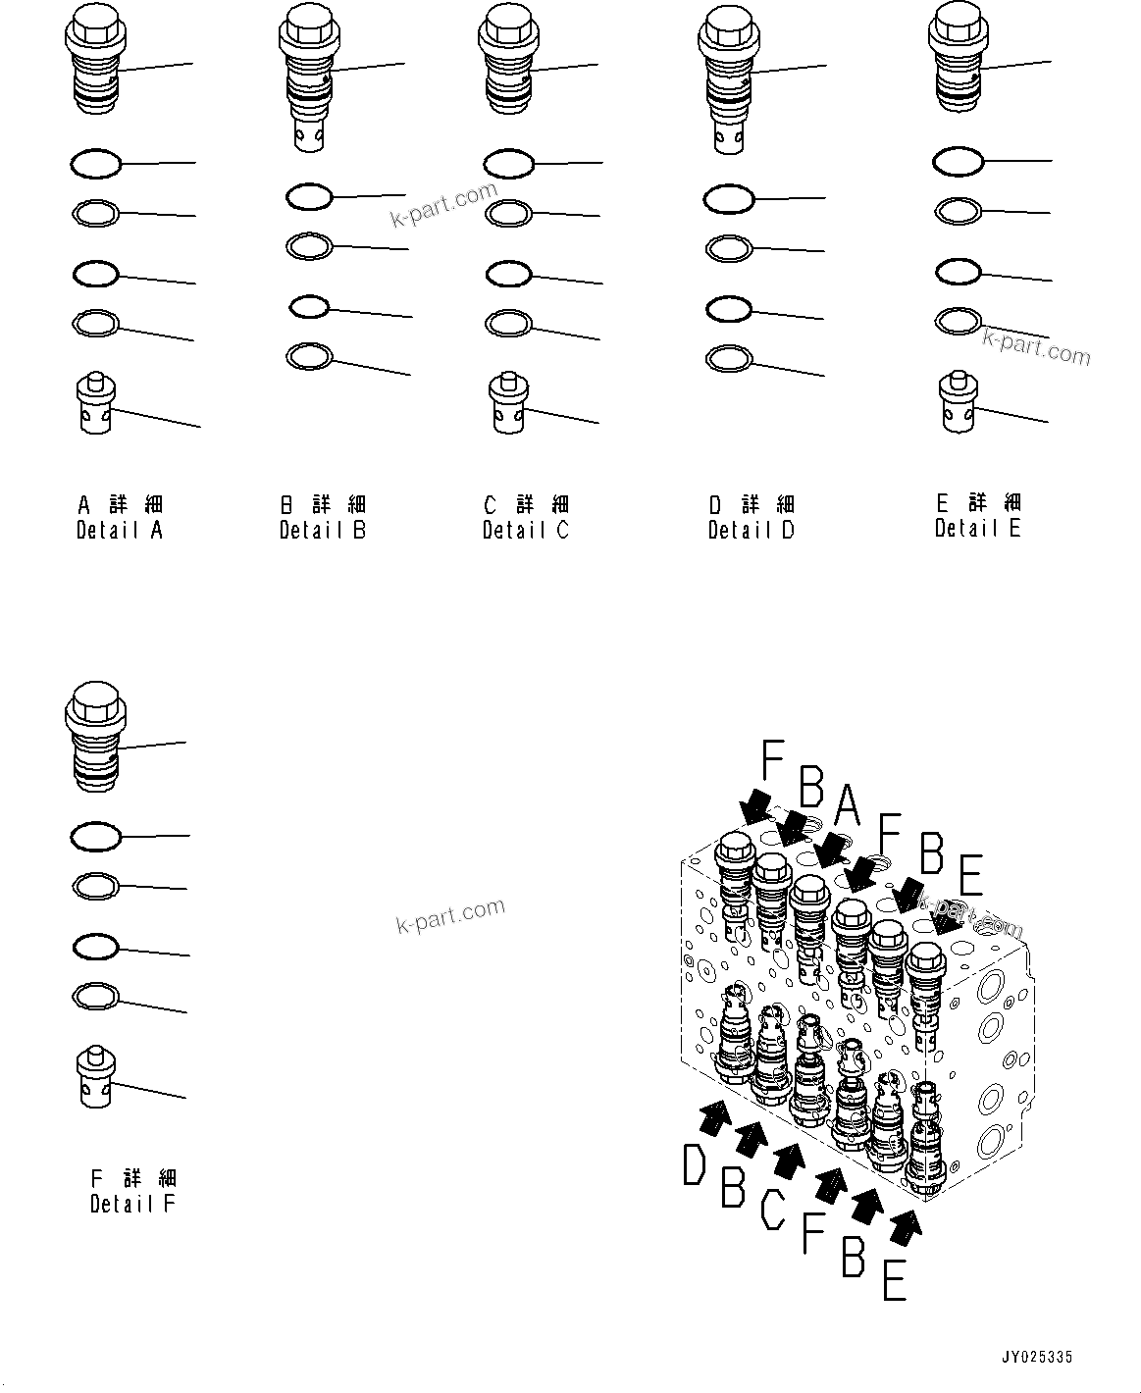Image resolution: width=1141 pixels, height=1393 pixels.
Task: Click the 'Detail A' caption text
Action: (x=120, y=530)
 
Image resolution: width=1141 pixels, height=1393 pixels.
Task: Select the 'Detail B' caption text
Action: (x=322, y=530)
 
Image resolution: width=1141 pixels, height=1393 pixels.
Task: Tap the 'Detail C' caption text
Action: (x=525, y=530)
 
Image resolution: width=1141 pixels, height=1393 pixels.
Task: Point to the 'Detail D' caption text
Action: (x=752, y=530)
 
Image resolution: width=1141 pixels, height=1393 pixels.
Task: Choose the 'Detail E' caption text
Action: (x=977, y=528)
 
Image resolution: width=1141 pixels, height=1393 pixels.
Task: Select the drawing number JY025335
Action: (x=1037, y=1358)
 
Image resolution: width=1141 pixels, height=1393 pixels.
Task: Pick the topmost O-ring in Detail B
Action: (x=309, y=197)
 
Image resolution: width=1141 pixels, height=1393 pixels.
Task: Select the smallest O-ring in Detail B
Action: (x=308, y=307)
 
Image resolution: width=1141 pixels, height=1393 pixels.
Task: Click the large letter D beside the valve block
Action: (x=695, y=1166)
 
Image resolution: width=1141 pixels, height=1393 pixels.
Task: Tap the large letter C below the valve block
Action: (x=773, y=1209)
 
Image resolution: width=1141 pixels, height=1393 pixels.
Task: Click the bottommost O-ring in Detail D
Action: (x=729, y=358)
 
